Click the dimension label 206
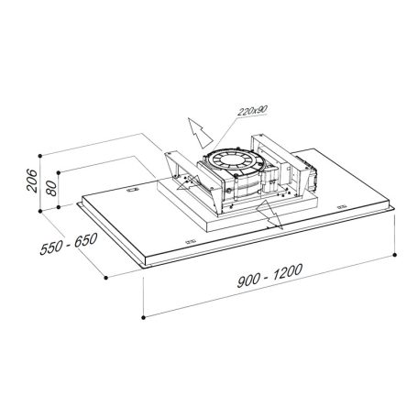click(32, 181)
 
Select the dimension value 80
click(51, 188)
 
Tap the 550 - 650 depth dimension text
click(69, 244)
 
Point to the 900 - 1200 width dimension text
click(270, 275)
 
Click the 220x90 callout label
click(252, 111)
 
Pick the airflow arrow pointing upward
click(199, 132)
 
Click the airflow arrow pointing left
click(188, 181)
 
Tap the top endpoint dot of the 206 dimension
click(39, 156)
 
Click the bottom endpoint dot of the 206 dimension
click(40, 211)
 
